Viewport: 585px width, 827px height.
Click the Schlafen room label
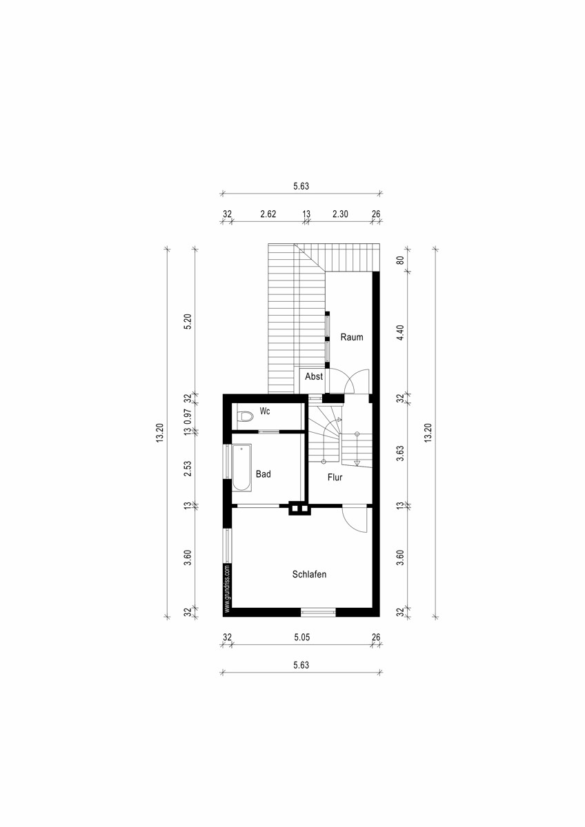tap(309, 574)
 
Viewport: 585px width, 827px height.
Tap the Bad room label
tap(263, 473)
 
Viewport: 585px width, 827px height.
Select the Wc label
tap(265, 411)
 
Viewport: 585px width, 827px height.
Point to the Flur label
tap(335, 478)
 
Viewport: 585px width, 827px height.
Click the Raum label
tap(351, 337)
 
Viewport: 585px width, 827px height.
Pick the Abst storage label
tap(314, 376)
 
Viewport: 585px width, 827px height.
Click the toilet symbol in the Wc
tap(245, 416)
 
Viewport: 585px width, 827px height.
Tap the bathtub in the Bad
tap(241, 467)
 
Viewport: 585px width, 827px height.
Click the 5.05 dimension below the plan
tap(302, 637)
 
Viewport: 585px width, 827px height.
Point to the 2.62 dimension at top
tap(268, 214)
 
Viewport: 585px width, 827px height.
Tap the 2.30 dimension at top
tap(340, 214)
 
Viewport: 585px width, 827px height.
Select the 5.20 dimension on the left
tap(188, 321)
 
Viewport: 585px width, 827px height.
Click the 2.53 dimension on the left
tap(188, 469)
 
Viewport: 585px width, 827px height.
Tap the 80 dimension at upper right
tap(399, 260)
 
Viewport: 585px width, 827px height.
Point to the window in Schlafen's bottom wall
tap(318, 613)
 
